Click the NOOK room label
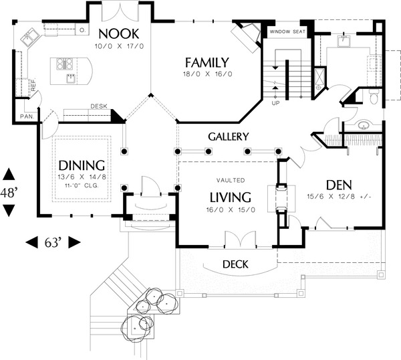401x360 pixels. pyautogui.click(x=120, y=34)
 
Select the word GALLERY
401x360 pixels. pyautogui.click(x=229, y=137)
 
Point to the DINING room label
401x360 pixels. pyautogui.click(x=82, y=165)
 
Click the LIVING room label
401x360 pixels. pyautogui.click(x=230, y=197)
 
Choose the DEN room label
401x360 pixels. pyautogui.click(x=339, y=185)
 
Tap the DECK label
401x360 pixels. pyautogui.click(x=235, y=264)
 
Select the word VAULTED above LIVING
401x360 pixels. pyautogui.click(x=230, y=181)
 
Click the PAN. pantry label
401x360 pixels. pyautogui.click(x=27, y=116)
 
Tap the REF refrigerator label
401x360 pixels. pyautogui.click(x=31, y=85)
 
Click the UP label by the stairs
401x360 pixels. pyautogui.click(x=275, y=103)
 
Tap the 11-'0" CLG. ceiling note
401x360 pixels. pyautogui.click(x=82, y=185)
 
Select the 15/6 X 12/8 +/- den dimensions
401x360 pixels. pyautogui.click(x=340, y=197)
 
